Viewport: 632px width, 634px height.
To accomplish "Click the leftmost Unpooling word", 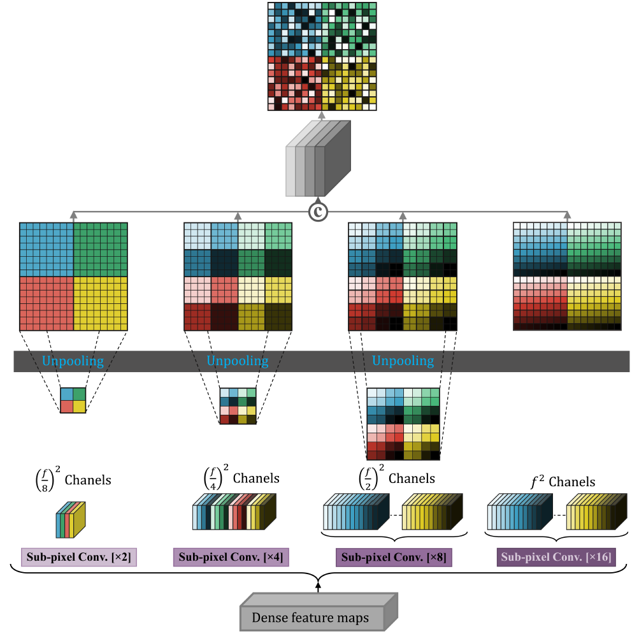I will [x=73, y=361].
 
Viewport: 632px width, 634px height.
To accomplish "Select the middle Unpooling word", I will [x=237, y=361].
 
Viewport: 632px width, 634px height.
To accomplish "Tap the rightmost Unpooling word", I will [x=403, y=361].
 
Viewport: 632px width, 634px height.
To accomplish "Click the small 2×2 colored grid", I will [x=73, y=400].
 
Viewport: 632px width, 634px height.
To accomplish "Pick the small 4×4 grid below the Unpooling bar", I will [x=238, y=405].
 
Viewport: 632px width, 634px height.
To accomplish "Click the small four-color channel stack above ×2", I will [x=70, y=519].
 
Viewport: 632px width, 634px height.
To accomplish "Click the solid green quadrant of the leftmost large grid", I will [x=101, y=249].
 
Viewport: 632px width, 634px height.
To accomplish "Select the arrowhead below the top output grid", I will [x=321, y=115].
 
